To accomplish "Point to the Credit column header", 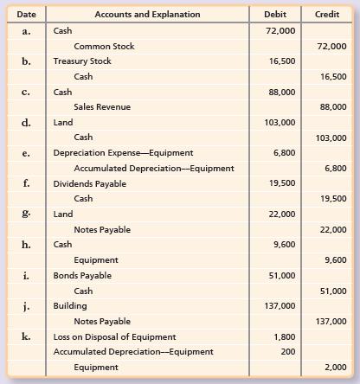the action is [326, 14].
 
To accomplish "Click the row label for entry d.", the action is [27, 123].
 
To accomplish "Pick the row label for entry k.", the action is [27, 336].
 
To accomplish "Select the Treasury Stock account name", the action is [82, 61].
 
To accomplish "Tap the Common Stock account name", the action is [105, 46].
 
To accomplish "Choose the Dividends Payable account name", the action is [89, 183].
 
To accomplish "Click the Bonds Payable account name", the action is [82, 275].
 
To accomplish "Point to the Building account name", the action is [70, 305].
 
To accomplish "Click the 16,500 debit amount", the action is [284, 61].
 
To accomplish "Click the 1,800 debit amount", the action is [286, 336].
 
